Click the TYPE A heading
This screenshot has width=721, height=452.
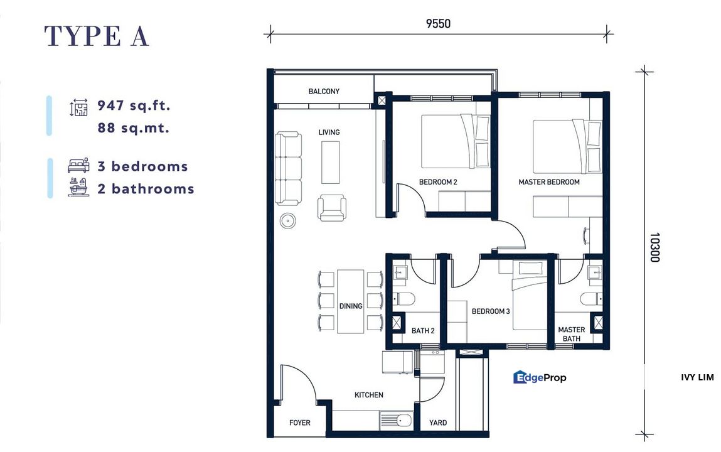[x=97, y=36]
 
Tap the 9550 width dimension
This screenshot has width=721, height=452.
[x=438, y=24]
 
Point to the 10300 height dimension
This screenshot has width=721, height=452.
[x=654, y=247]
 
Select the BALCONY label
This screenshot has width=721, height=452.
[x=324, y=91]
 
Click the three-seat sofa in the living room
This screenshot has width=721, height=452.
[x=289, y=168]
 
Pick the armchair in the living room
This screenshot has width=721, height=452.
[x=332, y=207]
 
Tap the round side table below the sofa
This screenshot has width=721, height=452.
[x=289, y=221]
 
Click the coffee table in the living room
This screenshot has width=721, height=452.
[x=331, y=162]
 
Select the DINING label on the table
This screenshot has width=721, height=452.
[x=351, y=306]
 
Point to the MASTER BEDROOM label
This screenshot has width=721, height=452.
[x=548, y=182]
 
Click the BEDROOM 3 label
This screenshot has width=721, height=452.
[x=491, y=311]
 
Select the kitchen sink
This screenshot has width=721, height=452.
[x=396, y=421]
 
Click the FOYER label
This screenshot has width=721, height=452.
[x=300, y=422]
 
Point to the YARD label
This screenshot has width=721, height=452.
[x=438, y=422]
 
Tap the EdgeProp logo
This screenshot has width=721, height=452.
[x=540, y=377]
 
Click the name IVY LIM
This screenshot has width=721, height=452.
[x=697, y=377]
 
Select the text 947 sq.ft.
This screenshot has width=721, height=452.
[x=134, y=105]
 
